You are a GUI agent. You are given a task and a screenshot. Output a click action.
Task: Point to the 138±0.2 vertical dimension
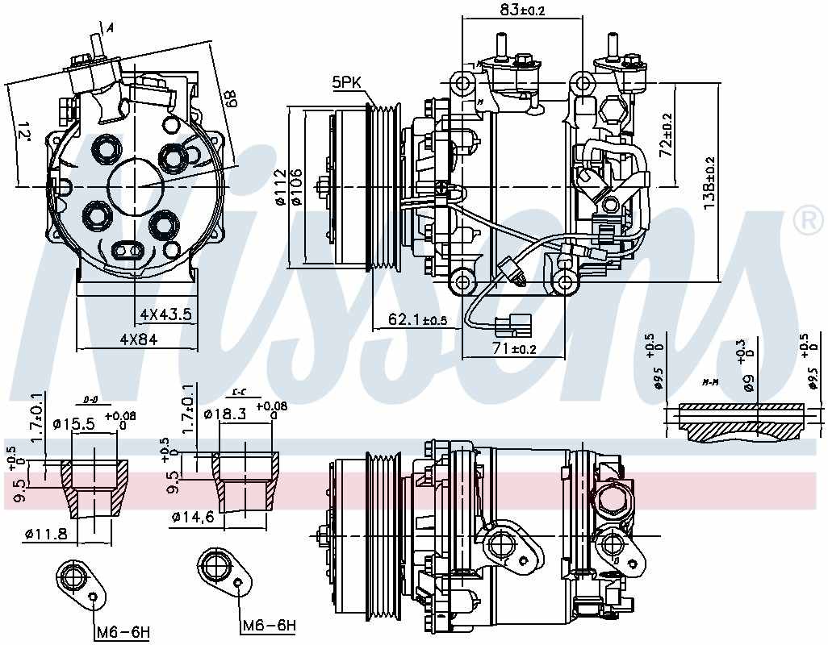[x=709, y=185]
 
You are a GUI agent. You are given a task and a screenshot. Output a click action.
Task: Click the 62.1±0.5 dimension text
[x=417, y=320]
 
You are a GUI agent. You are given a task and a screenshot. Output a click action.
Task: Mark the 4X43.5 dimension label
[x=165, y=314]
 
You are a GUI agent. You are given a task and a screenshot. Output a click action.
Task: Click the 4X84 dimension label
[x=138, y=339]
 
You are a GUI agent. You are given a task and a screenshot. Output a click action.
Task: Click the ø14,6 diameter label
[x=193, y=517]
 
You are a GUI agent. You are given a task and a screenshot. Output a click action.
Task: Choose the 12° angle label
[x=23, y=131]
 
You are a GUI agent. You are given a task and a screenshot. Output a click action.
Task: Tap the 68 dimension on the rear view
[x=231, y=99]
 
